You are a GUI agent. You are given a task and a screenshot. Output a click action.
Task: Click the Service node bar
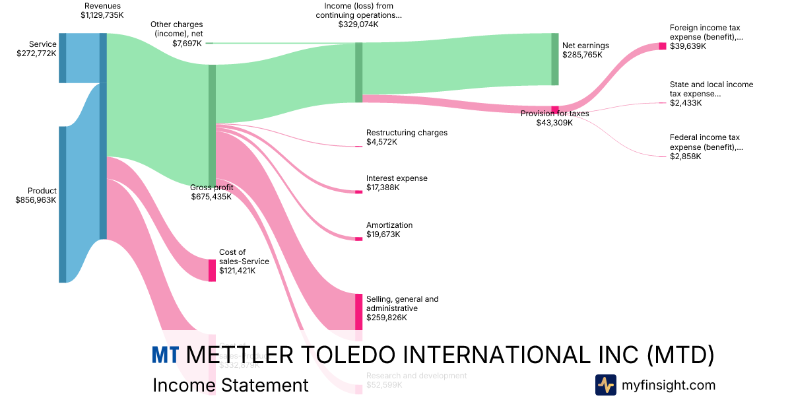tap(62, 58)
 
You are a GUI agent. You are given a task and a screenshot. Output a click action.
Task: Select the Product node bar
tap(62, 204)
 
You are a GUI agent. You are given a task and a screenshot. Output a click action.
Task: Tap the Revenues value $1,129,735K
tap(102, 15)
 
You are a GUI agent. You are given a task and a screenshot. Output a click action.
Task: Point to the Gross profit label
tap(211, 188)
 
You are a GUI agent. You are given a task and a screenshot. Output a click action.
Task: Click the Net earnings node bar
tap(555, 59)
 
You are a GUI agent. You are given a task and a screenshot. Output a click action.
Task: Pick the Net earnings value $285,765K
tap(582, 55)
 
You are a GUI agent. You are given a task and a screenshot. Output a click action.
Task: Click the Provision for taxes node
tap(555, 110)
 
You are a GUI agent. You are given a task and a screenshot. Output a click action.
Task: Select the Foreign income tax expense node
tap(663, 46)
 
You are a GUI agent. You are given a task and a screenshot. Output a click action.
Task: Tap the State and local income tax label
tap(711, 89)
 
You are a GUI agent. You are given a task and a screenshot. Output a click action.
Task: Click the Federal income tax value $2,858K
tap(685, 156)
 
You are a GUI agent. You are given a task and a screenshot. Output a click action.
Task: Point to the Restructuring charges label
tap(407, 133)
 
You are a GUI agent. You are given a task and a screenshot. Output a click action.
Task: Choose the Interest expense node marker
tap(358, 191)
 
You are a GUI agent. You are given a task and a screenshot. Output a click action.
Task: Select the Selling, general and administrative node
tap(358, 312)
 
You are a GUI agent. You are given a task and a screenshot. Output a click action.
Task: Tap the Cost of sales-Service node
tap(212, 271)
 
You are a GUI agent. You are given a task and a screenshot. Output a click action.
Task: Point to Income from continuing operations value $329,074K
tap(358, 24)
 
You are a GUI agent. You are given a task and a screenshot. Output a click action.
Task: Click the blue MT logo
tap(165, 355)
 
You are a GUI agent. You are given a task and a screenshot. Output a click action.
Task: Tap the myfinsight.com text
tap(668, 385)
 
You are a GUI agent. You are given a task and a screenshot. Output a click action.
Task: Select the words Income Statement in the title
tap(230, 385)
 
